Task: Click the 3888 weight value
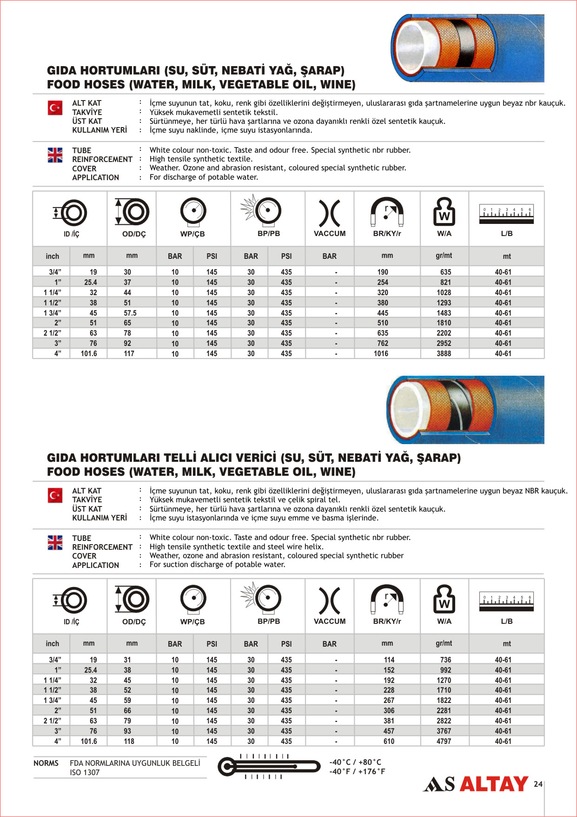click(444, 354)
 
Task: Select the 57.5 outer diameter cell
click(130, 313)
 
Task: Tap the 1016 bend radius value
click(381, 354)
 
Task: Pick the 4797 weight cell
click(444, 742)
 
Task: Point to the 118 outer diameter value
click(129, 742)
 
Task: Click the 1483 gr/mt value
click(444, 313)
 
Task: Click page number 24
click(538, 784)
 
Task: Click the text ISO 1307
click(85, 773)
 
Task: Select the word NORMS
click(46, 763)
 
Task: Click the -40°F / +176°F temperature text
click(357, 772)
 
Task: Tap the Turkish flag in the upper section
click(55, 108)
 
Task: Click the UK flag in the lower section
click(55, 543)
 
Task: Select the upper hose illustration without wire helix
click(467, 48)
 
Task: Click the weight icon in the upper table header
click(444, 212)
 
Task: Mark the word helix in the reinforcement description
click(313, 547)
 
